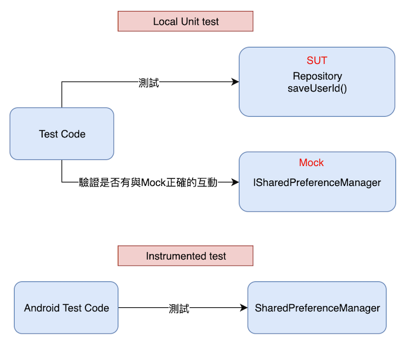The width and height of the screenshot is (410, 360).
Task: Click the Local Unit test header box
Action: (186, 21)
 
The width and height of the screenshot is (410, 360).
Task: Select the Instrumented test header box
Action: (186, 256)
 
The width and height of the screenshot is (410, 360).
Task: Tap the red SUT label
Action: (317, 60)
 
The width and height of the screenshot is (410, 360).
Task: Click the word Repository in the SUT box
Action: (317, 76)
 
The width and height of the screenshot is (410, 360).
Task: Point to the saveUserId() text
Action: (317, 88)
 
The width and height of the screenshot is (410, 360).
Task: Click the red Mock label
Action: (311, 162)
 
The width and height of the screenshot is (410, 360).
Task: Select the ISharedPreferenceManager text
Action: (317, 182)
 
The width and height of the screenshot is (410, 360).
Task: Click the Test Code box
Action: (61, 134)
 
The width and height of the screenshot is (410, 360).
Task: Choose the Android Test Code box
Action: (66, 308)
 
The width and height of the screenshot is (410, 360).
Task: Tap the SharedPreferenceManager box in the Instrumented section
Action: (317, 308)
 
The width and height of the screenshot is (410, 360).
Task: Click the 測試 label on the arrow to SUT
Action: (149, 83)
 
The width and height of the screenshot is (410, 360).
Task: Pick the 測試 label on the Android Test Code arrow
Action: (179, 308)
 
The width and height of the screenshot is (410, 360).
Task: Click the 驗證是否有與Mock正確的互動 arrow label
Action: (148, 182)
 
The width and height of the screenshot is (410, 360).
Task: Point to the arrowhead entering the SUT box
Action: (235, 81)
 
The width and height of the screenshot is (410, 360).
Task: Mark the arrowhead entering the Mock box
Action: (235, 182)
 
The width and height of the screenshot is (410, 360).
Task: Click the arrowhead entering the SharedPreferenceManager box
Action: (244, 308)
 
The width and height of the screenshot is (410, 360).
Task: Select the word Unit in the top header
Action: (190, 22)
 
